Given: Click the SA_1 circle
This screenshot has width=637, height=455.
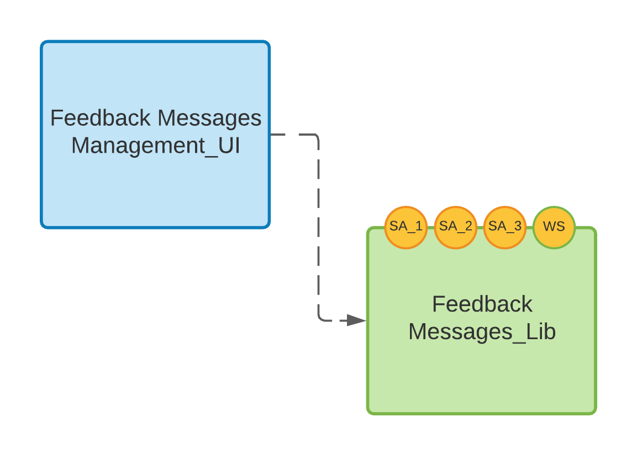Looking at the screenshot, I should tap(406, 227).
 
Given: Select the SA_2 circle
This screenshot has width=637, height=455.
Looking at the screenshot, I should tap(456, 227).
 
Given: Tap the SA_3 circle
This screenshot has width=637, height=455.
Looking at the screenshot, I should tap(505, 227).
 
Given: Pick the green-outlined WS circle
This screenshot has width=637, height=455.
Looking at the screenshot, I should tap(554, 227).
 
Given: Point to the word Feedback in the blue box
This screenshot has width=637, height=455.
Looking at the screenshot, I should tap(100, 119).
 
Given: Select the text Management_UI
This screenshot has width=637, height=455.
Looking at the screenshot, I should tap(155, 146).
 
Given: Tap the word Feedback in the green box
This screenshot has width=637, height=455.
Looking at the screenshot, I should tap(482, 304).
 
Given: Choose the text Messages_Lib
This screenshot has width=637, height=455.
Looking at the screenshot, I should tap(482, 332).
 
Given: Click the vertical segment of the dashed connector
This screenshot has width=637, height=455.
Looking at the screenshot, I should tap(319, 226).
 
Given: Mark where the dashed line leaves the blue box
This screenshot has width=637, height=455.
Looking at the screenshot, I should tap(271, 135).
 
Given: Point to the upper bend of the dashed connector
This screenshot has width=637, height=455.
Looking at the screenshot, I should tap(318, 136).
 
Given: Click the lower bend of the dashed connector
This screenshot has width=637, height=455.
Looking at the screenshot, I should tap(320, 319).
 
